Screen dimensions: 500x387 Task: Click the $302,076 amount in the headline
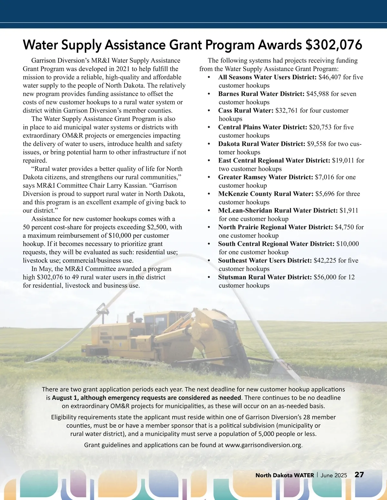coord(334,45)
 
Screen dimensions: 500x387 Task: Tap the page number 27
coord(359,475)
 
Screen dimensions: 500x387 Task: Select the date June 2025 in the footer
coord(334,475)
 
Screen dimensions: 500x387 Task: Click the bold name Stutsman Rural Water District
coord(265,277)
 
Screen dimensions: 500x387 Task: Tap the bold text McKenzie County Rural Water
coord(266,194)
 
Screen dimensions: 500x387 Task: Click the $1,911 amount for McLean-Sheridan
coord(349,211)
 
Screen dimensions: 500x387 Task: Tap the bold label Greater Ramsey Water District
coord(265,177)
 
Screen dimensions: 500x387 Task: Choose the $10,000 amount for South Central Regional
coord(347,244)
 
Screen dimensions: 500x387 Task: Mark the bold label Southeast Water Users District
coord(265,260)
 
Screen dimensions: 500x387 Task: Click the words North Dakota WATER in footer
coord(284,475)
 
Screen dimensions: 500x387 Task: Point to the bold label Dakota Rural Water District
coord(262,144)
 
